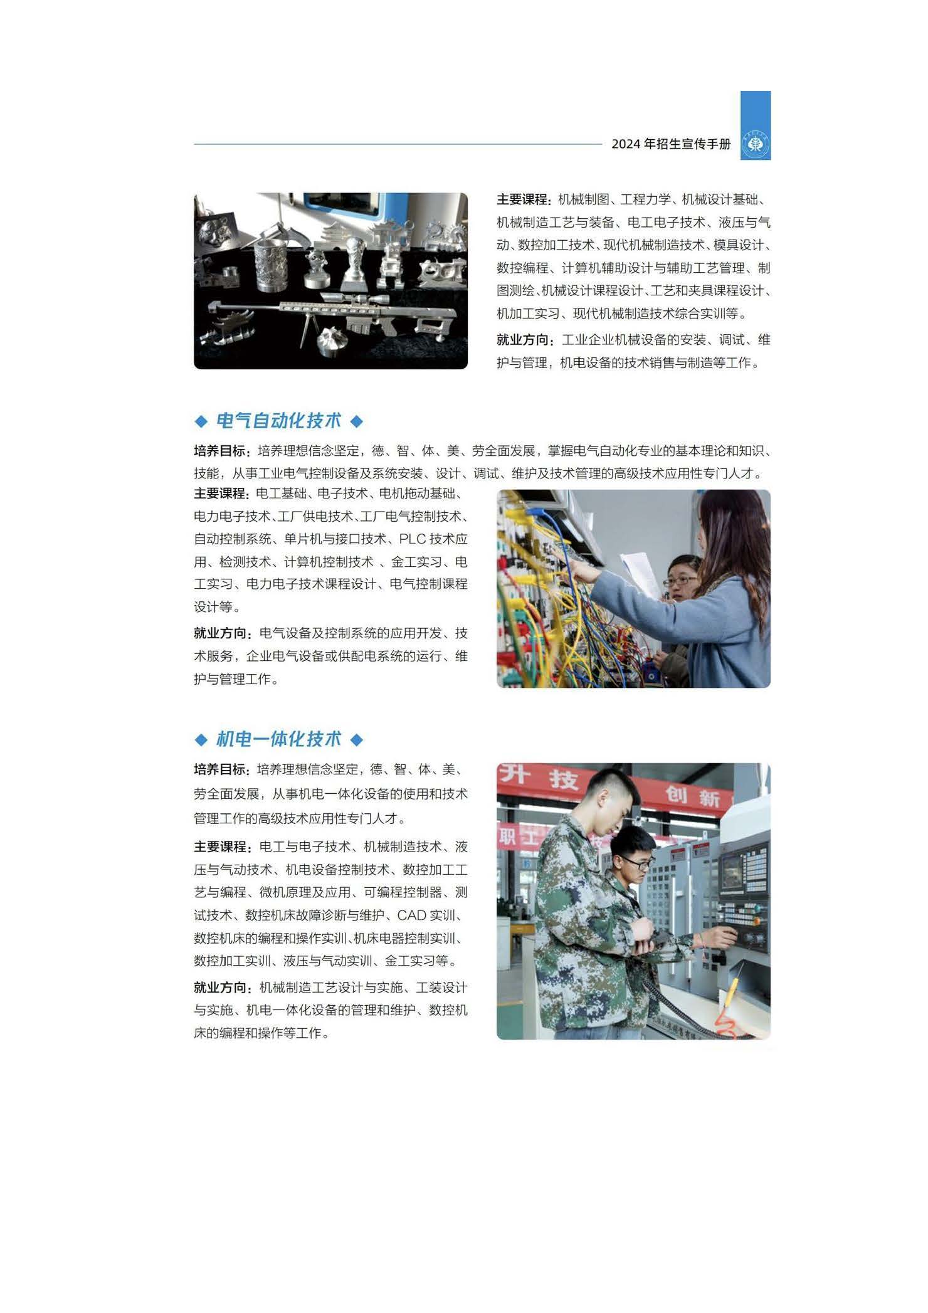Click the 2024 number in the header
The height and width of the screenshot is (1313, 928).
click(x=625, y=144)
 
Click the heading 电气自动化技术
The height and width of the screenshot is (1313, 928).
click(x=278, y=421)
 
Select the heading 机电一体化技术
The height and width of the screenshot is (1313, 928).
click(x=278, y=739)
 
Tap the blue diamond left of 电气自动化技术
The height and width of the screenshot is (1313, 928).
click(x=201, y=421)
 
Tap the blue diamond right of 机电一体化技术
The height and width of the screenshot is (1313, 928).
click(x=356, y=740)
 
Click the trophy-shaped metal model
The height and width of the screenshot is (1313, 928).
click(x=356, y=260)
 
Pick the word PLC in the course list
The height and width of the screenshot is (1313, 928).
click(x=412, y=539)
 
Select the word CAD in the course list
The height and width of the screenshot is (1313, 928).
click(x=411, y=915)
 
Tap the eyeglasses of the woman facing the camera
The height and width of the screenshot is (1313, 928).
click(x=680, y=581)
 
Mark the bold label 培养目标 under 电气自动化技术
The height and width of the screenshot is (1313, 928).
click(x=221, y=451)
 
